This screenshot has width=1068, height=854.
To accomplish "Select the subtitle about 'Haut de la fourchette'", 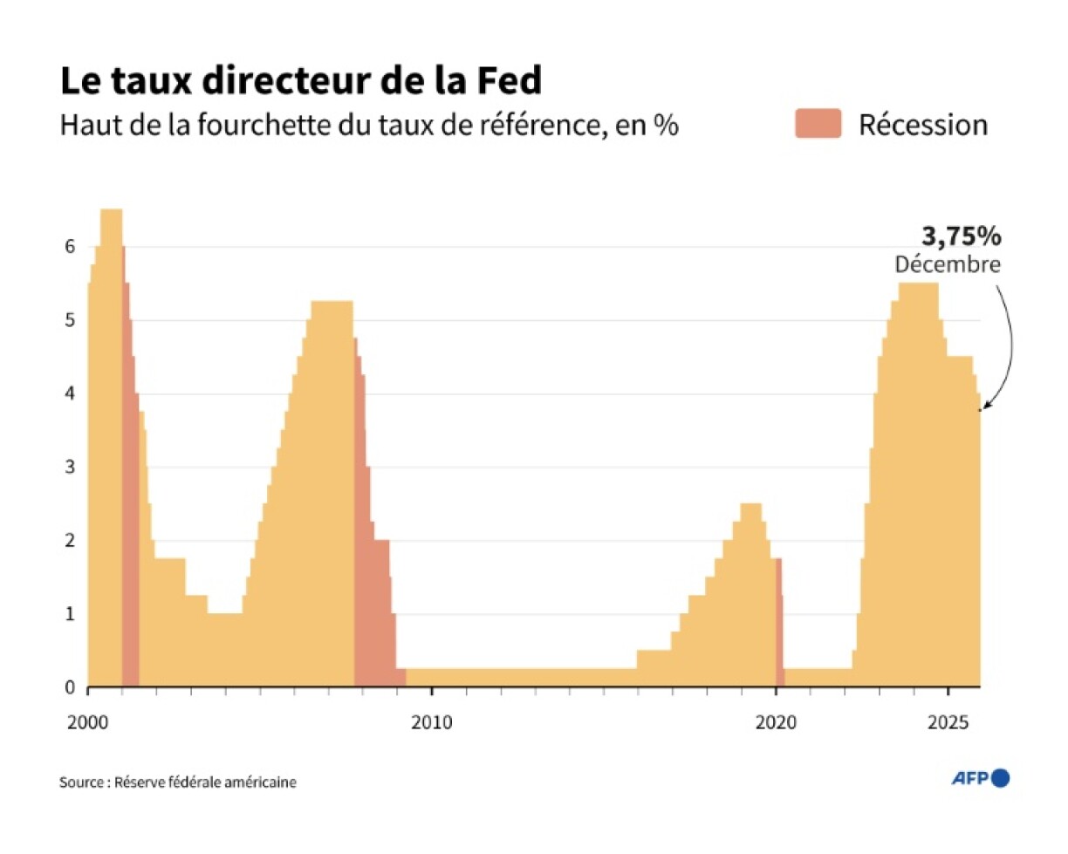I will [368, 125].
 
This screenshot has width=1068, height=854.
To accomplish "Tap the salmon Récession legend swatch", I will [817, 124].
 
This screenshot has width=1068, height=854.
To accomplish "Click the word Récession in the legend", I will [923, 125].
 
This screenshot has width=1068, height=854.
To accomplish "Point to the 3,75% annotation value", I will [961, 236].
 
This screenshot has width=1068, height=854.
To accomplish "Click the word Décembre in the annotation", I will [948, 264].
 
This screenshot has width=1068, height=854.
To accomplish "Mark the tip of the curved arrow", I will [983, 408].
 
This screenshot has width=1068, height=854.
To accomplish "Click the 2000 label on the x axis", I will [88, 722].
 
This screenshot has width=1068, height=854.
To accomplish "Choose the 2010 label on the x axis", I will [431, 722].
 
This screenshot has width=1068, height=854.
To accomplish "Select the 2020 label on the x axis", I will [776, 722].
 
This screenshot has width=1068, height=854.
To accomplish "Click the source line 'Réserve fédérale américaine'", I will [178, 782].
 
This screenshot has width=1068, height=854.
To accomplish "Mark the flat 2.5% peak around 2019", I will [750, 506].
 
